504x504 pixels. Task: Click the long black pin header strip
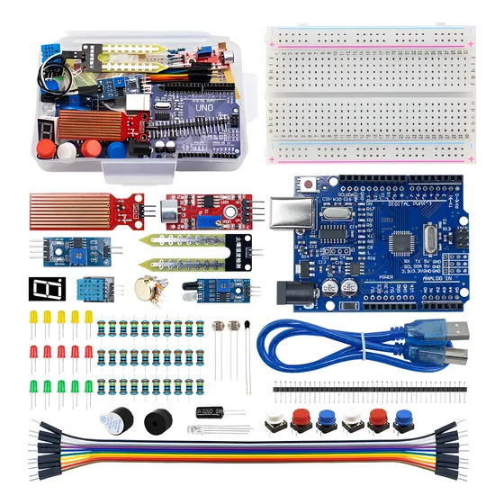point(369,387)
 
